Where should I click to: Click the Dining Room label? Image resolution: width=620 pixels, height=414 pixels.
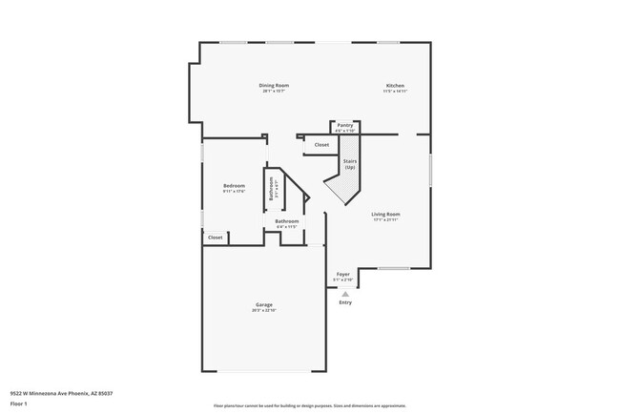274,86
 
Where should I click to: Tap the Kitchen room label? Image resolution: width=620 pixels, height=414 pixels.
395,86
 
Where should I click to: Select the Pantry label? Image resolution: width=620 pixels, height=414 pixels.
345,125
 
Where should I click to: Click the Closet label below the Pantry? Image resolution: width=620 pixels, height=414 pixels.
321,145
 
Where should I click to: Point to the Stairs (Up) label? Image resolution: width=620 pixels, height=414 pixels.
349,164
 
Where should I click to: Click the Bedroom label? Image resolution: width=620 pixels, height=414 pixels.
234,185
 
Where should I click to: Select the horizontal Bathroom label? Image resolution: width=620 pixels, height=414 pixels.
287,221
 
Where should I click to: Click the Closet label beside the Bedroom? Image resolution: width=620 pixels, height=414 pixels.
216,238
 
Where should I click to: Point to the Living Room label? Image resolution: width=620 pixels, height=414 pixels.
385,214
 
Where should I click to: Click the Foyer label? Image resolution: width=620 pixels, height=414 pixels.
343,275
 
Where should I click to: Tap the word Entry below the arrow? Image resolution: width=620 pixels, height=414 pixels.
345,302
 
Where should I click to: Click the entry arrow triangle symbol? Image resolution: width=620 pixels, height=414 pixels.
345,293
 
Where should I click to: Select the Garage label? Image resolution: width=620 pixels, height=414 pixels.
263,304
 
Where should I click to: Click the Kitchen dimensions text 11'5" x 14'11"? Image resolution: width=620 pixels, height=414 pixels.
395,92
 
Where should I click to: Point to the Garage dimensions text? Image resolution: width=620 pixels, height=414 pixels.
263,310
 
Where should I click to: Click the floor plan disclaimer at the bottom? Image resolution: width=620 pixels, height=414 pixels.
309,406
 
